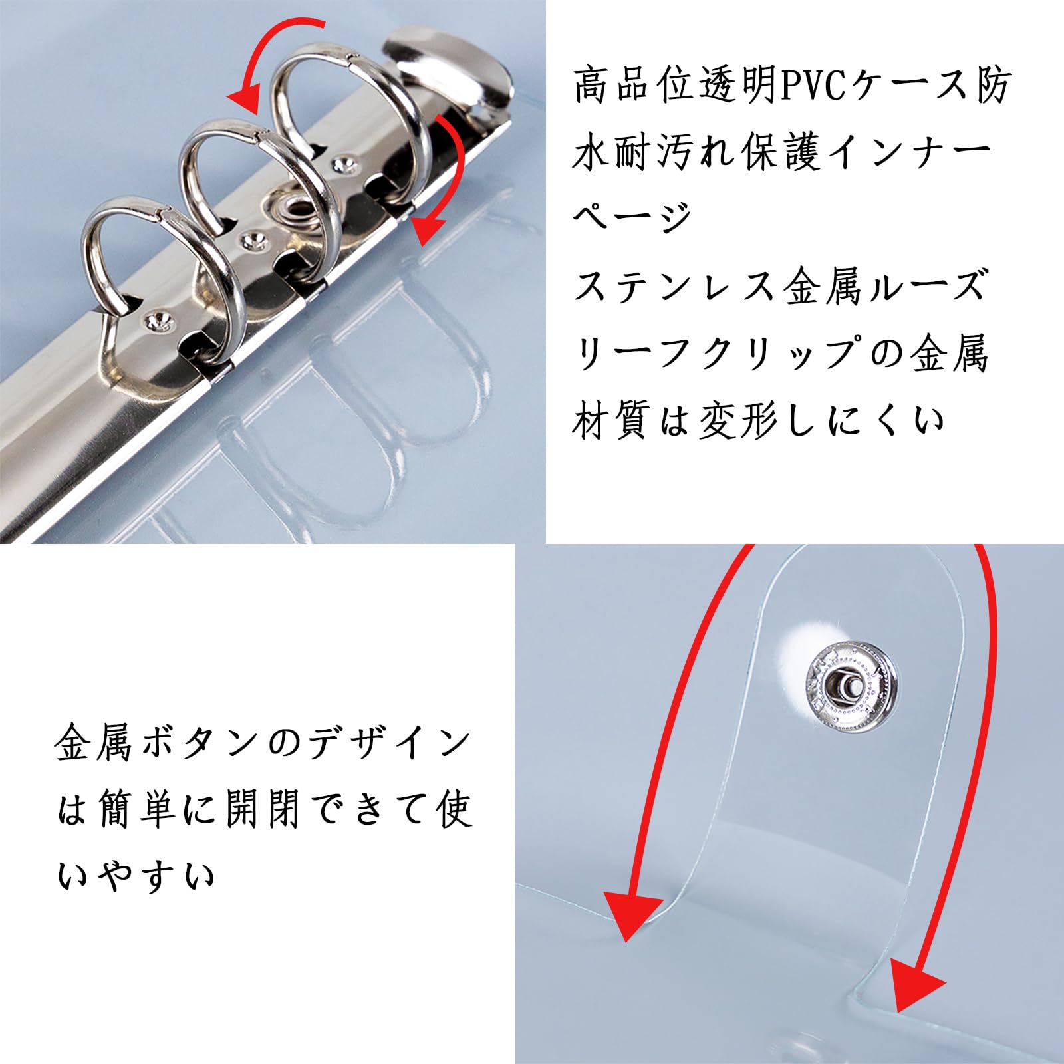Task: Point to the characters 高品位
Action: (634, 86)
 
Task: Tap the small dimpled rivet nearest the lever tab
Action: (342, 162)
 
